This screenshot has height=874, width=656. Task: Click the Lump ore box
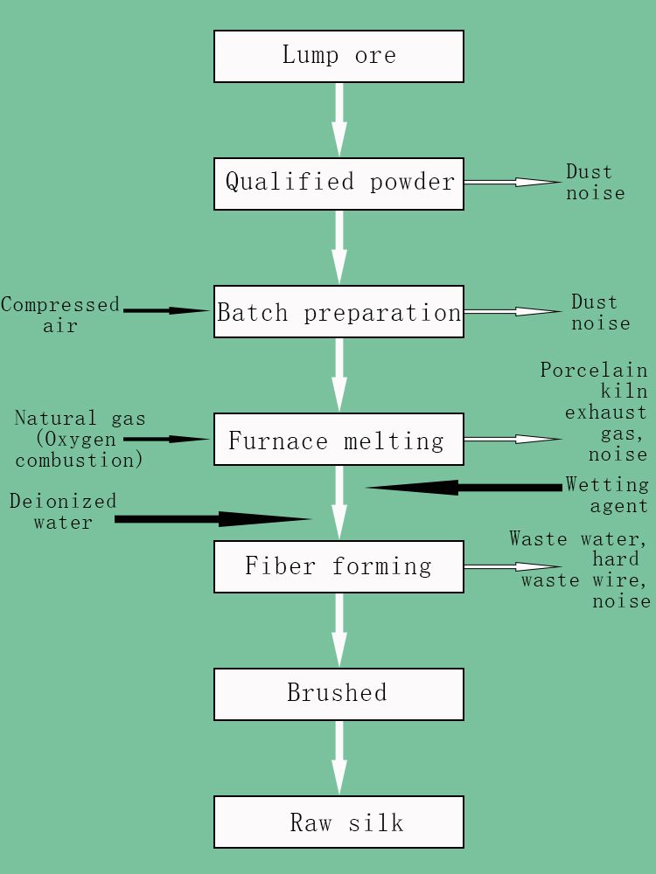[338, 57]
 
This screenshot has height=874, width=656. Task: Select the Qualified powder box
[338, 184]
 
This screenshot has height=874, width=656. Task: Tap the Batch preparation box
[338, 312]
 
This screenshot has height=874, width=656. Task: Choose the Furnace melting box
[338, 440]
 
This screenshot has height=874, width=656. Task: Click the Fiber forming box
[338, 566]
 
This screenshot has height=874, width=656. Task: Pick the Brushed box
[338, 694]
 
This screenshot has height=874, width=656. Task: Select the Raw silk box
[338, 822]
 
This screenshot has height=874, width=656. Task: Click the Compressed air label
[60, 315]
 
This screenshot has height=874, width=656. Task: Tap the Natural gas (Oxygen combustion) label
[80, 440]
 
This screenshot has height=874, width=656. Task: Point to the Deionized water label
[63, 511]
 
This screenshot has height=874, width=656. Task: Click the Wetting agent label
[607, 495]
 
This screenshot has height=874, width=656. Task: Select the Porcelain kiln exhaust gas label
[595, 412]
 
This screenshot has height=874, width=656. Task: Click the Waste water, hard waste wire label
[582, 569]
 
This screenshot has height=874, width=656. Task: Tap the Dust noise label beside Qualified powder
[595, 182]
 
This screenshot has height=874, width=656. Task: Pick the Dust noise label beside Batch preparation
[600, 312]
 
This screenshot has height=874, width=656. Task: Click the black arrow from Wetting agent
[464, 487]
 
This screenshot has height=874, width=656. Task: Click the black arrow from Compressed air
[166, 310]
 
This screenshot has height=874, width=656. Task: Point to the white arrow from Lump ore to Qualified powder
[339, 120]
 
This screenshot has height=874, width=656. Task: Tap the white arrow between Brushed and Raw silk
[339, 758]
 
